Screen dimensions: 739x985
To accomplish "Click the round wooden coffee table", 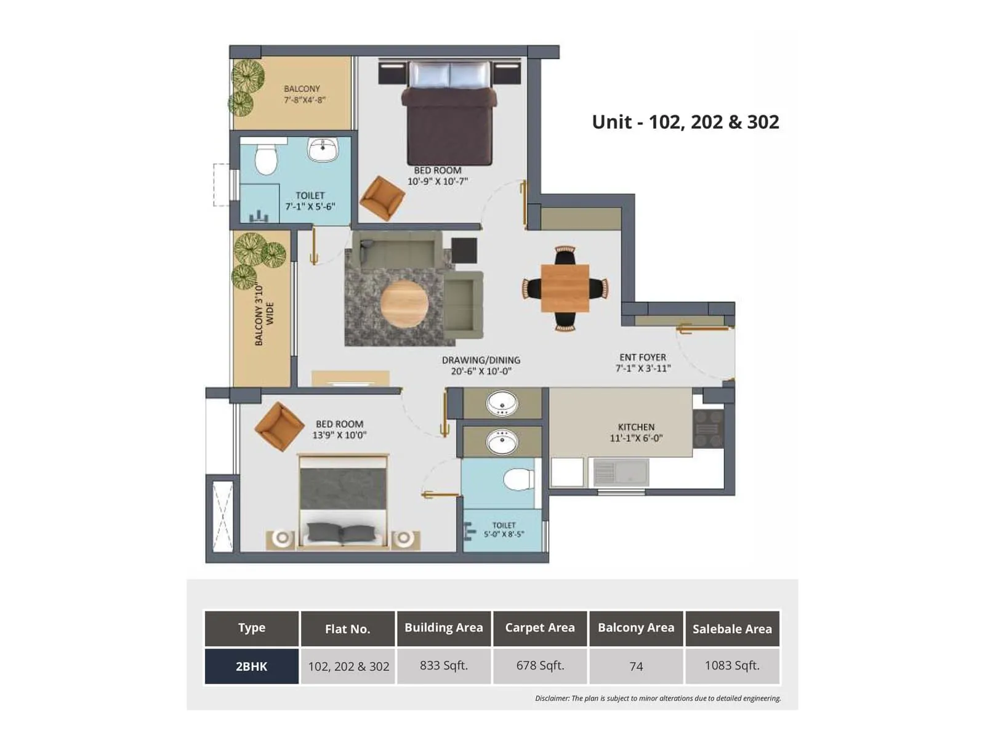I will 404,304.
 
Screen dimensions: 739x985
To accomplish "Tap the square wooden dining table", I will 565,288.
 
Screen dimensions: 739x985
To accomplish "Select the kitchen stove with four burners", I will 707,429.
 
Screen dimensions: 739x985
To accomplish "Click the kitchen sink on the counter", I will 621,473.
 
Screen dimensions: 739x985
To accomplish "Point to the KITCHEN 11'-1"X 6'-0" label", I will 636,432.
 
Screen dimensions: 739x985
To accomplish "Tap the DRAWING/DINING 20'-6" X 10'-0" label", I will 481,365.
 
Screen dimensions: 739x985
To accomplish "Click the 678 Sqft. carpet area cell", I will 540,666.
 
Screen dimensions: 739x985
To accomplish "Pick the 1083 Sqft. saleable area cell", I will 732,666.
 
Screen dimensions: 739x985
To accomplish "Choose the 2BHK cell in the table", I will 251,666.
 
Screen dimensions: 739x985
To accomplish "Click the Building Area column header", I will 443,628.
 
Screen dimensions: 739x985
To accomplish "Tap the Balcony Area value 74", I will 636,666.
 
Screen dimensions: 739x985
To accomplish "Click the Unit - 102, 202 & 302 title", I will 685,122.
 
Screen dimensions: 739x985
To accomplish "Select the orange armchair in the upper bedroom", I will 382,198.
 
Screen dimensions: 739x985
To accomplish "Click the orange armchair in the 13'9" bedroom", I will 279,426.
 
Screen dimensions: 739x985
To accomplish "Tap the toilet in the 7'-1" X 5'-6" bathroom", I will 266,160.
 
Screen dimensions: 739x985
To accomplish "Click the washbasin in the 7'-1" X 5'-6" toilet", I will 323,150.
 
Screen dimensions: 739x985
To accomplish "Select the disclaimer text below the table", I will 657,698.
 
